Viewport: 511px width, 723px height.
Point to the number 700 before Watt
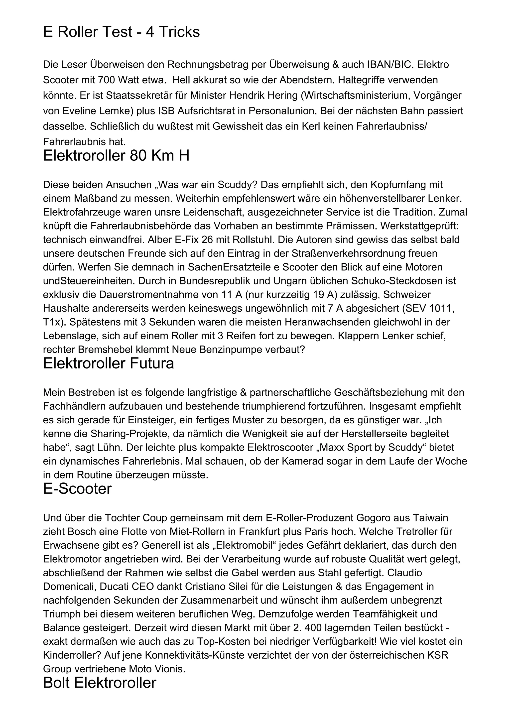click(107, 80)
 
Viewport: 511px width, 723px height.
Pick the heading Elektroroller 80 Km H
click(116, 156)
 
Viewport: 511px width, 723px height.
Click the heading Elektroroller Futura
click(108, 364)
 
